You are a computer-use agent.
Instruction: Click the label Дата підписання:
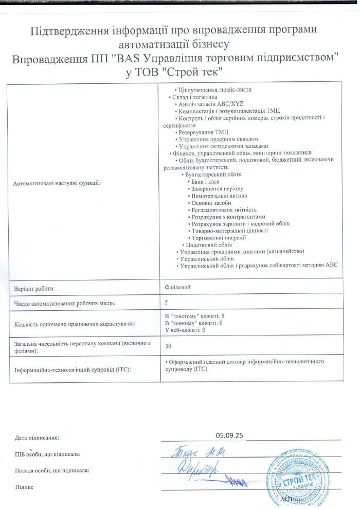coord(37,438)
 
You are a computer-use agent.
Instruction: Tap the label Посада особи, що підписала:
coord(52,470)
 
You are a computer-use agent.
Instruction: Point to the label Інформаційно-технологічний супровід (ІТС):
coord(73,370)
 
